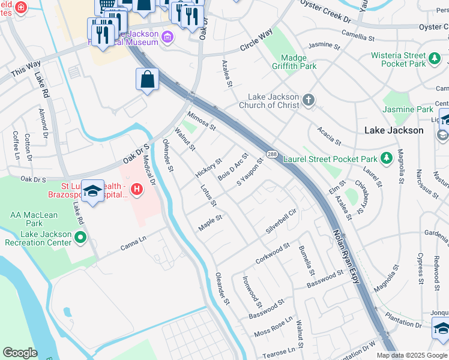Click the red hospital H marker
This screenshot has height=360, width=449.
(x=137, y=190)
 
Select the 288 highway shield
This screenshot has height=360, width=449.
(x=272, y=154)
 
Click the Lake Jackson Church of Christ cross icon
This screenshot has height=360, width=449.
(x=309, y=100)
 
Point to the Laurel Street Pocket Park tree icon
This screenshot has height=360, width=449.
(x=387, y=158)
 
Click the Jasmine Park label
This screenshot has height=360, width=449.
(x=408, y=110)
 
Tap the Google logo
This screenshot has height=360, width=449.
(x=20, y=353)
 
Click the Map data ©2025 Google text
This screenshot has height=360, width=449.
(x=412, y=355)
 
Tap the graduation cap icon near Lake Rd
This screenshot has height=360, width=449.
(x=92, y=191)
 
